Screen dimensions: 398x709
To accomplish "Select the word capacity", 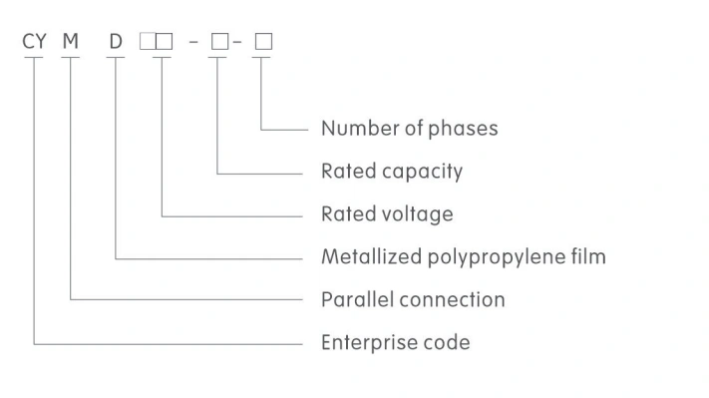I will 423,172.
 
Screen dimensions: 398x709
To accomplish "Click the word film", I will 587,257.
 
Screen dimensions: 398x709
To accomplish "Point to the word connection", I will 450,299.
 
